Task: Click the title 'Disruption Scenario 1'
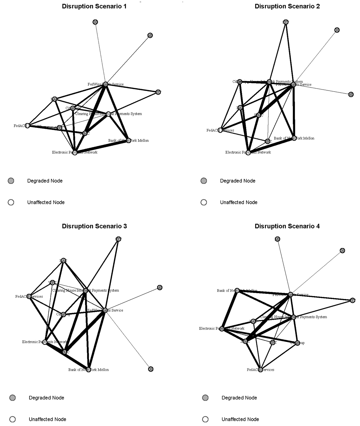point(94,6)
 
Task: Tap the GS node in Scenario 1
point(95,22)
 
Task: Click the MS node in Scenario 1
point(150,35)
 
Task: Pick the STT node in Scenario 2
point(286,22)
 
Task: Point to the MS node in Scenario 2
point(351,94)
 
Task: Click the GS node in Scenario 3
point(151,369)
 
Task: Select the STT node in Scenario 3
point(118,239)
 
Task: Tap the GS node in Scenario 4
point(342,251)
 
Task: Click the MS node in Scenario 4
point(278,239)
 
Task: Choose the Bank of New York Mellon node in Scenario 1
point(128,140)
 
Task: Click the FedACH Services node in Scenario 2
point(221,130)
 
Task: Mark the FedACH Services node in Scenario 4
point(261,370)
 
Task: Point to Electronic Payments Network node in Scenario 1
point(75,152)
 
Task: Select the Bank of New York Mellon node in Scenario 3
point(88,370)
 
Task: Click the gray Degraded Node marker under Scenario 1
point(11,181)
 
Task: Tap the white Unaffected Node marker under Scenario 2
point(204,202)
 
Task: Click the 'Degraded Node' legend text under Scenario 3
point(46,398)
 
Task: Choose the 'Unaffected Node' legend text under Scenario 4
point(240,419)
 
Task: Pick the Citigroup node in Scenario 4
point(297,343)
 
